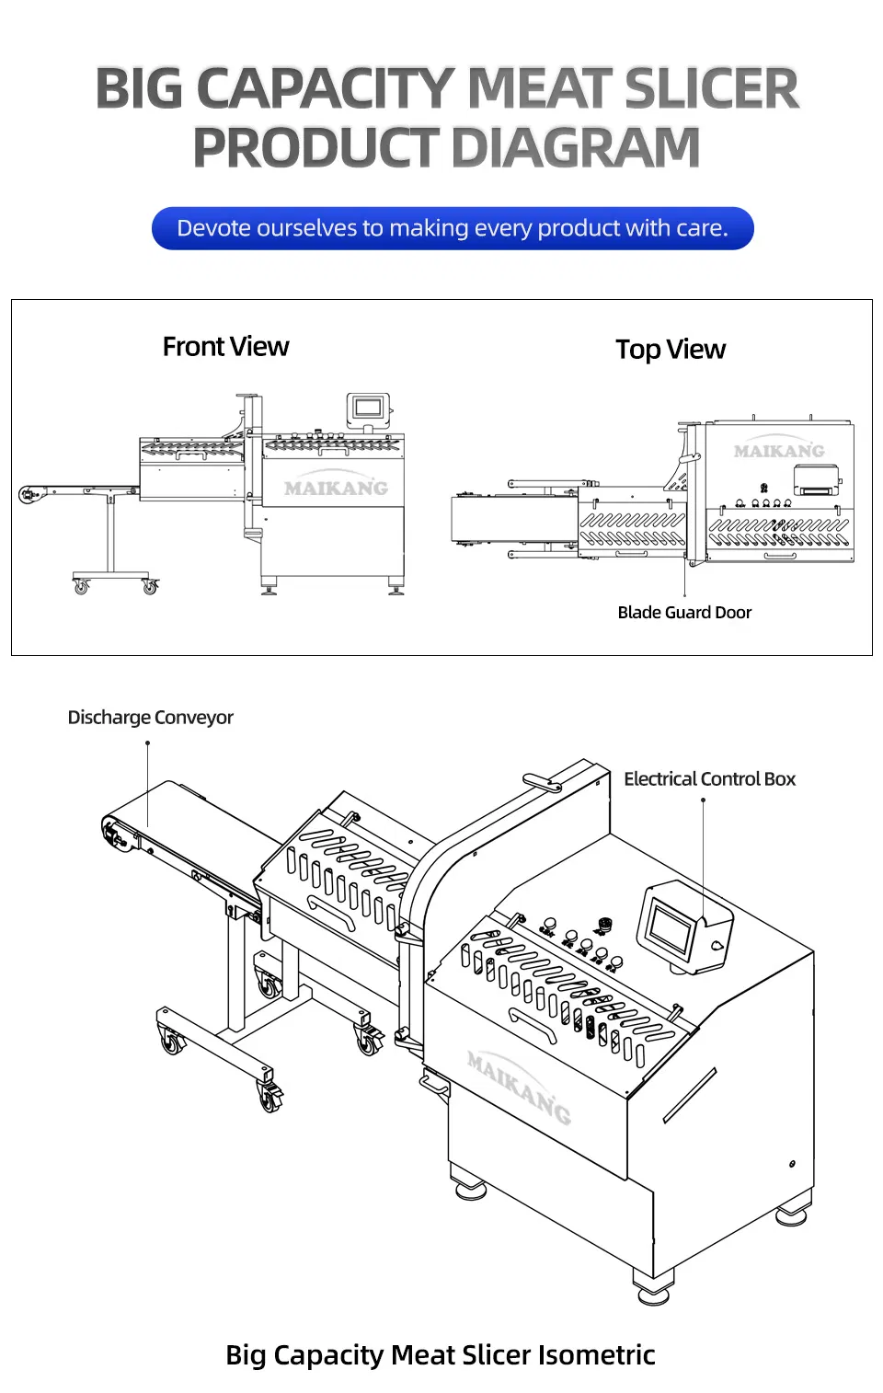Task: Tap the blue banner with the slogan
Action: click(452, 228)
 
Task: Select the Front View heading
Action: click(225, 347)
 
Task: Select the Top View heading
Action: click(670, 350)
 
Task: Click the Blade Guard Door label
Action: click(684, 613)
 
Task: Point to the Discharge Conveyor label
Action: click(150, 718)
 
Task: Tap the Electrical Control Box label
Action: click(709, 779)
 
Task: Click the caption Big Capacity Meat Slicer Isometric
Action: click(440, 1355)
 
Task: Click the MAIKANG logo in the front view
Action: click(336, 489)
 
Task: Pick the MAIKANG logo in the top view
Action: click(779, 451)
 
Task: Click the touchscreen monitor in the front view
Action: click(368, 407)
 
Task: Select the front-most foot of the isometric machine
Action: click(652, 1287)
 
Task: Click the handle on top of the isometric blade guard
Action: click(542, 783)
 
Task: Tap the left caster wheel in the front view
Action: click(81, 585)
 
